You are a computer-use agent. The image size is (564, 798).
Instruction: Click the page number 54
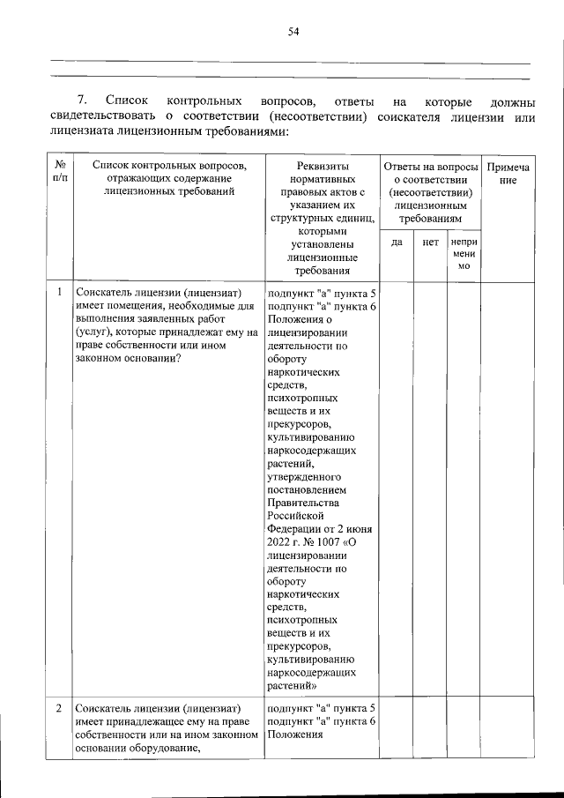coord(293,33)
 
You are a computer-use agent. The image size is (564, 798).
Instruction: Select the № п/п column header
coord(59,172)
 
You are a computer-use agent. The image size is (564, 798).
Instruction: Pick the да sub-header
coord(397,241)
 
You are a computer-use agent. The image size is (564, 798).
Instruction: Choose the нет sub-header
coord(430,241)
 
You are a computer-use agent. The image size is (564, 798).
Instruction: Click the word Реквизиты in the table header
coord(319,167)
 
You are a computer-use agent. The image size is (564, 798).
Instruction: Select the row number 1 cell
coord(59,292)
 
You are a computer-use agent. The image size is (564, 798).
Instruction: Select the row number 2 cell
coord(59,708)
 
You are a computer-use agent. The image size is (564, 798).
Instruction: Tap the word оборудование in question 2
coord(158,749)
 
